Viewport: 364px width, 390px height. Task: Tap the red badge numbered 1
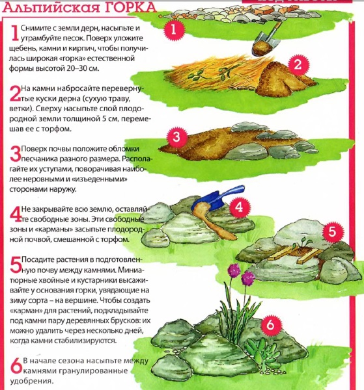[175, 30]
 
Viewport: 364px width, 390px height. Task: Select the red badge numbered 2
[298, 64]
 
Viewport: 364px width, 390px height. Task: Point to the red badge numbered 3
[176, 136]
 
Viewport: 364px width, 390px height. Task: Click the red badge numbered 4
[240, 207]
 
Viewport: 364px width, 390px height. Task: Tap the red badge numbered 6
[271, 326]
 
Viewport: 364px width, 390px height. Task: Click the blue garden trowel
[217, 198]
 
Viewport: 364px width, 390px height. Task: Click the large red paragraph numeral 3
[16, 153]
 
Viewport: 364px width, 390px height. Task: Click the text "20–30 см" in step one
[83, 68]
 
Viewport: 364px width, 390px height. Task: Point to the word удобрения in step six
[32, 382]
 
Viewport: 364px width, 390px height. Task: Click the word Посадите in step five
[38, 259]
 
